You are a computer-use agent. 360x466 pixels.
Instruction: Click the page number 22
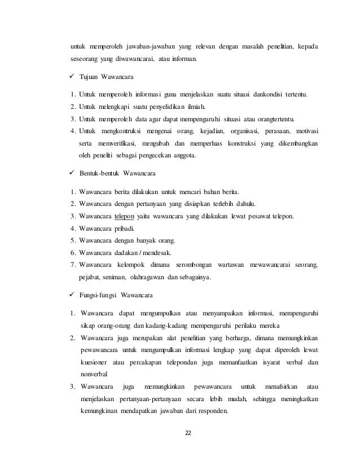click(188, 433)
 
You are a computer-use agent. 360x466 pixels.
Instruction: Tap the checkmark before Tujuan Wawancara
click(65, 76)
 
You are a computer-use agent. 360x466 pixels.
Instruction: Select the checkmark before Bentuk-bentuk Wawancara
click(65, 174)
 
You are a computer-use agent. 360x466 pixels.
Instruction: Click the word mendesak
click(159, 252)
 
